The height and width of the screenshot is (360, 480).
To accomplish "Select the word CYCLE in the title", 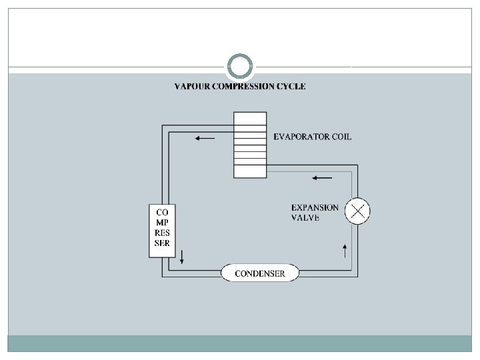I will [293, 86].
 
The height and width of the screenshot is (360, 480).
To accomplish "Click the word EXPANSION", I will [315, 207].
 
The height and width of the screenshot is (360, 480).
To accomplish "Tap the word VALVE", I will [305, 217].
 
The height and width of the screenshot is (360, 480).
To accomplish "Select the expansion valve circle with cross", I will [358, 212].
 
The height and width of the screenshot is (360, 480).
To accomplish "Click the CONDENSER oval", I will [260, 273].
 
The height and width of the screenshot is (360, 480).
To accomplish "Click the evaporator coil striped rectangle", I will [250, 145].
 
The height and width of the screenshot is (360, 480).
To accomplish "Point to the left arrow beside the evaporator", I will [205, 139].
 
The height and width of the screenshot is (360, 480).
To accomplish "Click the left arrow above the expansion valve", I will [321, 178].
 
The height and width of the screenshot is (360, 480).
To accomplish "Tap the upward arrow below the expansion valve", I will [345, 251].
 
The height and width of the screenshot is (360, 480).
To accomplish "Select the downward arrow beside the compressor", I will [181, 257].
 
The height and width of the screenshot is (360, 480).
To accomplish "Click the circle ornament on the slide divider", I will [240, 67].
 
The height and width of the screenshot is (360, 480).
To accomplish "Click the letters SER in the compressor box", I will [162, 244].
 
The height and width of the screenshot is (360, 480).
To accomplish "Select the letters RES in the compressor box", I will [162, 234].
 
